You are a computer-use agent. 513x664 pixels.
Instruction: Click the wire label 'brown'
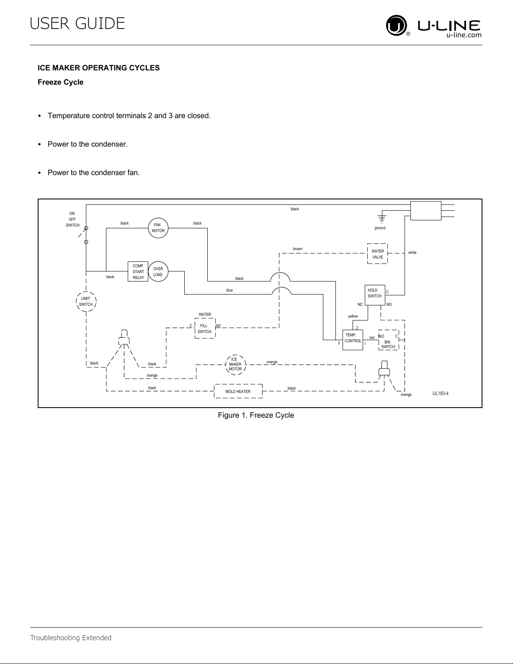298,249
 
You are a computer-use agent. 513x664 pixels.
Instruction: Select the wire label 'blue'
229,290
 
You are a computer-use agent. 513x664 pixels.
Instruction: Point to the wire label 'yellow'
353,316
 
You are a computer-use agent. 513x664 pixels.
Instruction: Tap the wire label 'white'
412,252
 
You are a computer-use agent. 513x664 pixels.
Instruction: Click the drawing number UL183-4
440,393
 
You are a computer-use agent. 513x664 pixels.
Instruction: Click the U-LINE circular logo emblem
396,26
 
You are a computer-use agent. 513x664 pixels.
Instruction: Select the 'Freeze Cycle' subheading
60,82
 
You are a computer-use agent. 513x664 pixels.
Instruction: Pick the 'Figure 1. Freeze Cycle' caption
256,415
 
